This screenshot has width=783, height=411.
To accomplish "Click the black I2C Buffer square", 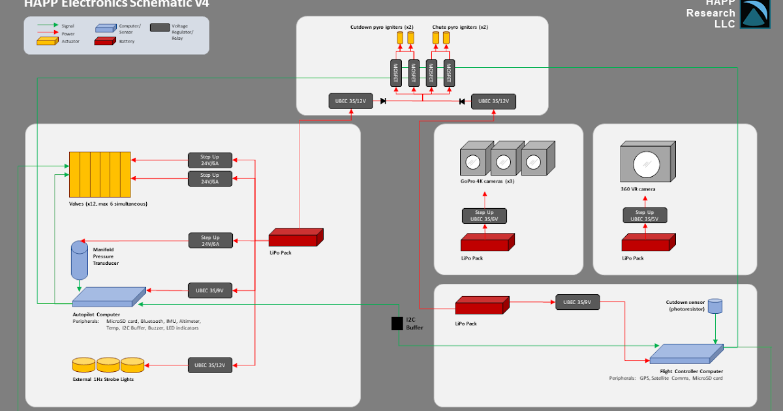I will [397, 323].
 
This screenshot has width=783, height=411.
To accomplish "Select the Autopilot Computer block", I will [109, 296].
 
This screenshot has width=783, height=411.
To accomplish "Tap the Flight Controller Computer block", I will [686, 353].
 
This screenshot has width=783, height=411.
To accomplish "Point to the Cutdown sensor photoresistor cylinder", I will [715, 305].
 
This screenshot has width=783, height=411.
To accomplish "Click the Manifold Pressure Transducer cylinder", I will [79, 260].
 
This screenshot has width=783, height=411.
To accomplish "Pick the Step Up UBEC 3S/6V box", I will [484, 215].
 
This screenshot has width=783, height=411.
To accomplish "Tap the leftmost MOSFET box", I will [395, 73].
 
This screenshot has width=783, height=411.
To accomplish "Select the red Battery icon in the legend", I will [106, 41].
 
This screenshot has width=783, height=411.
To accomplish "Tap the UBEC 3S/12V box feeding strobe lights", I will [210, 365].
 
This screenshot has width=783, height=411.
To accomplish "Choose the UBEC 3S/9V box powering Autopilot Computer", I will [210, 289].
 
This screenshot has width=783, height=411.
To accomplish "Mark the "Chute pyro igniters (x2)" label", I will [459, 27].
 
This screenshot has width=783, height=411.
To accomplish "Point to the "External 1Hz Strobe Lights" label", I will [103, 379].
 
